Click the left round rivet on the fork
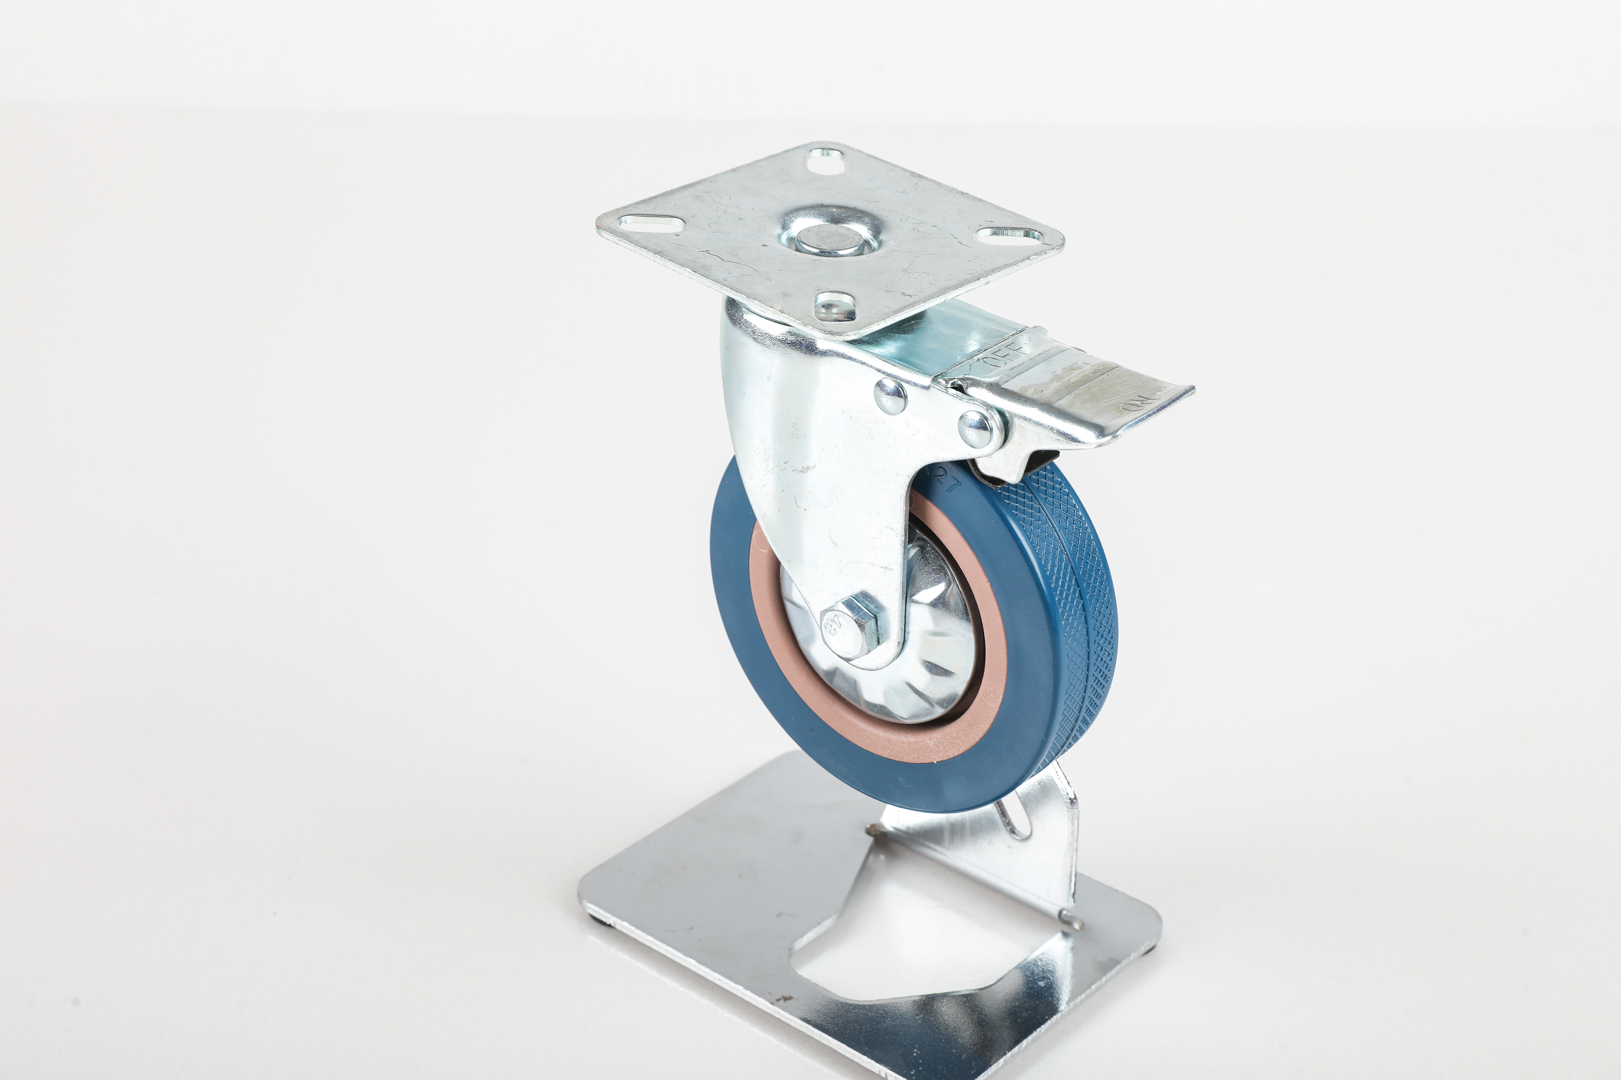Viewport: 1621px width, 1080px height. (890, 398)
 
